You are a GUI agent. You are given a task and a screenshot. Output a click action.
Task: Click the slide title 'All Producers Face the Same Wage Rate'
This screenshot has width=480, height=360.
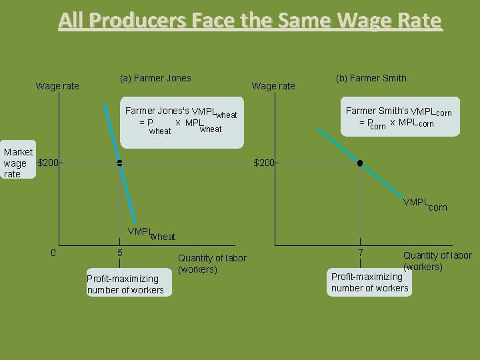point(249,21)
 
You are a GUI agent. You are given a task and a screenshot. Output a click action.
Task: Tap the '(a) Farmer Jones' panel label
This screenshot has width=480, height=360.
point(155,78)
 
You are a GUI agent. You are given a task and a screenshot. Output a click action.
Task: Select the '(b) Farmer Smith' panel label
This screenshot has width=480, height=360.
point(371,78)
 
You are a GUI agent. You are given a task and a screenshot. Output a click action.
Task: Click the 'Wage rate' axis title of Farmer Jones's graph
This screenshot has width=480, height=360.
point(57,85)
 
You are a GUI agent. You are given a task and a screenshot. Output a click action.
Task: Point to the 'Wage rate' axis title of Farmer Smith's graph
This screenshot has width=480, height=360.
point(273,85)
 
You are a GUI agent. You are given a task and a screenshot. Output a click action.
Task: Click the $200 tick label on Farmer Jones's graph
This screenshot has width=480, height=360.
point(49,163)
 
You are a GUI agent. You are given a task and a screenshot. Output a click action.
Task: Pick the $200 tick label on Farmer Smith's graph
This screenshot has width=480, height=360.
point(265,163)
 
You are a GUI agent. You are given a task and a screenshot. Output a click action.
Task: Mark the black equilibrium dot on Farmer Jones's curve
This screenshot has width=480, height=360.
point(119,163)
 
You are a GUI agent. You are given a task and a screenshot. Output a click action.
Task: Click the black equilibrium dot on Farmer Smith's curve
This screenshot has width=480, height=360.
point(360,163)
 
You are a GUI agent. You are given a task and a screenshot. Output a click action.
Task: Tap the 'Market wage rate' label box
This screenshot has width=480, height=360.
point(18,163)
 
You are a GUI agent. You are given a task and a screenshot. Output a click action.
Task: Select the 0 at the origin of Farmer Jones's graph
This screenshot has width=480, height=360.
point(53,252)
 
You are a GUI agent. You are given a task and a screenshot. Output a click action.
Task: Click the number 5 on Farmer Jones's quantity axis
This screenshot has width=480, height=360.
point(120,253)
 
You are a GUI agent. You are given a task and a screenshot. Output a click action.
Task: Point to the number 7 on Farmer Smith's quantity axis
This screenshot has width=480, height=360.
point(361,253)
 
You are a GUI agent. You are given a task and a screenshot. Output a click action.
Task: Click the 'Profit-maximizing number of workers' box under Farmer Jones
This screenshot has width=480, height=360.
point(125,284)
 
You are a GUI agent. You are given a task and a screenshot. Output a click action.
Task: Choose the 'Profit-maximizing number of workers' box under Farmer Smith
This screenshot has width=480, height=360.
point(370,282)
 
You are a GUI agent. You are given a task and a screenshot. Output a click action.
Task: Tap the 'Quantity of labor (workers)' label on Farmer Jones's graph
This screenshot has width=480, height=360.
point(212,263)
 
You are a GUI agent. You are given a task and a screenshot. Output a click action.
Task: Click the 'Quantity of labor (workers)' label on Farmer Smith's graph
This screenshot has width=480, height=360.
point(437,261)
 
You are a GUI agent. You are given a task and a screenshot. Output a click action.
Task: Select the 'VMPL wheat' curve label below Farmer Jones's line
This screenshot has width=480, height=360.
point(151,234)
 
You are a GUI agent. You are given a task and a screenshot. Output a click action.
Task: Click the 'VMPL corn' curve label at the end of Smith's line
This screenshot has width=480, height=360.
point(425,204)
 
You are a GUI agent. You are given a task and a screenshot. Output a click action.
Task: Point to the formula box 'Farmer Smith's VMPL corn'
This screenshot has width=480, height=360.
point(399,117)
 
